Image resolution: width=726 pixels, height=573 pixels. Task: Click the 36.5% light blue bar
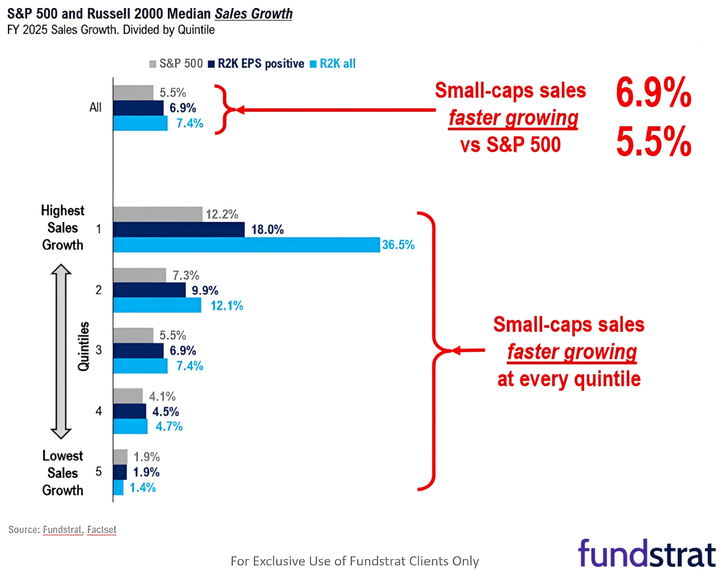click(246, 245)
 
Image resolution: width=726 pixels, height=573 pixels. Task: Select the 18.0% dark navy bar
click(179, 229)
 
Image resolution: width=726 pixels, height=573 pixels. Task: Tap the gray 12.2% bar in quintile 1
click(158, 214)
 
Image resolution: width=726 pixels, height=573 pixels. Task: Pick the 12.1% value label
click(227, 306)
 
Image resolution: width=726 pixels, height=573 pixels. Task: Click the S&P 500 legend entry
click(176, 64)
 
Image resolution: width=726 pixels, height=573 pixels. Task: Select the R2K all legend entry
click(333, 64)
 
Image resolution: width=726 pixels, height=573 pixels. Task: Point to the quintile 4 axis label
click(99, 411)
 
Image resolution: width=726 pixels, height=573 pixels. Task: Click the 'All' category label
click(95, 107)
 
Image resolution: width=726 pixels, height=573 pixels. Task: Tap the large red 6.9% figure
click(653, 92)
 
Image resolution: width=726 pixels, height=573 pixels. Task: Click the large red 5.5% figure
click(653, 141)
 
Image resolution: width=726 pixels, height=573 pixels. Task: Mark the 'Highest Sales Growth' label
click(62, 227)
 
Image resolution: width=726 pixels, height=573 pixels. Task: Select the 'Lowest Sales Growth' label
click(62, 473)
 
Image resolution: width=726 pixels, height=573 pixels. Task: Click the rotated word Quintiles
click(84, 346)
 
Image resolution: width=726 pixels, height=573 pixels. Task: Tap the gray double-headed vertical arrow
click(61, 352)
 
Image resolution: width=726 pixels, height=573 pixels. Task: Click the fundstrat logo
click(647, 554)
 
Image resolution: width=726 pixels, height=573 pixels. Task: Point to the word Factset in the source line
click(102, 529)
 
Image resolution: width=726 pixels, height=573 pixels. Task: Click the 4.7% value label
click(169, 427)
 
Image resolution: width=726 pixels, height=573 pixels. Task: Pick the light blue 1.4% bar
click(118, 487)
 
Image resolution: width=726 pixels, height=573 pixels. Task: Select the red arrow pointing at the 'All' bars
click(335, 109)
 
